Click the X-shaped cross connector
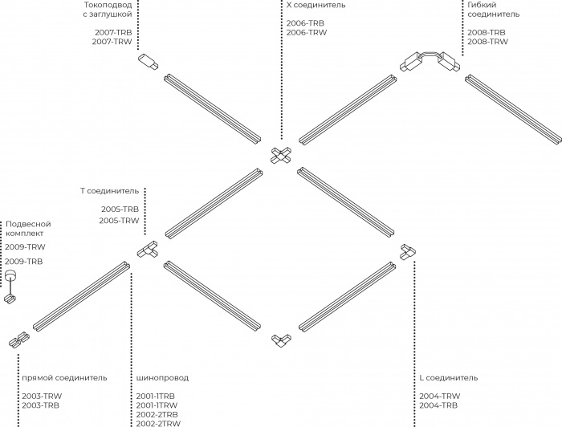281,156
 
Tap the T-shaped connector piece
148,249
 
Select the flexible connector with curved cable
430,62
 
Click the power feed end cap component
148,62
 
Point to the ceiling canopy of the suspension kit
10,274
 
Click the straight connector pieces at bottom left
19,339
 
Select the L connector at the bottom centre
281,340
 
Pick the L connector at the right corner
408,252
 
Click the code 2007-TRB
113,32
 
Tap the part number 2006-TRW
307,32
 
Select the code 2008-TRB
487,32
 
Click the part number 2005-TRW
119,221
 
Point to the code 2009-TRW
25,247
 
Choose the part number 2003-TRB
40,405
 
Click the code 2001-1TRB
156,396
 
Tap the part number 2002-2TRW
158,424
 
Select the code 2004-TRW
440,396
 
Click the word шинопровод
162,378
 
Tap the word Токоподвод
108,5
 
